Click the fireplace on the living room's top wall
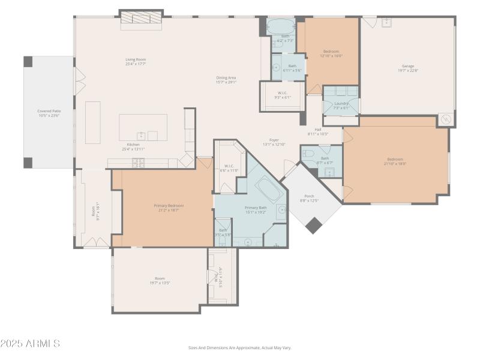click(142, 19)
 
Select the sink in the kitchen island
click(141, 136)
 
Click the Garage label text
click(408, 66)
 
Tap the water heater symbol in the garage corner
click(445, 119)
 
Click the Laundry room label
click(341, 103)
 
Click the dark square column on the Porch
click(313, 225)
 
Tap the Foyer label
click(274, 140)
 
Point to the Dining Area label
click(226, 77)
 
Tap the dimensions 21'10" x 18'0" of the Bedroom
click(395, 163)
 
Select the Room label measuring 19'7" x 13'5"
click(160, 278)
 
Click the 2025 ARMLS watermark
click(30, 344)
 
